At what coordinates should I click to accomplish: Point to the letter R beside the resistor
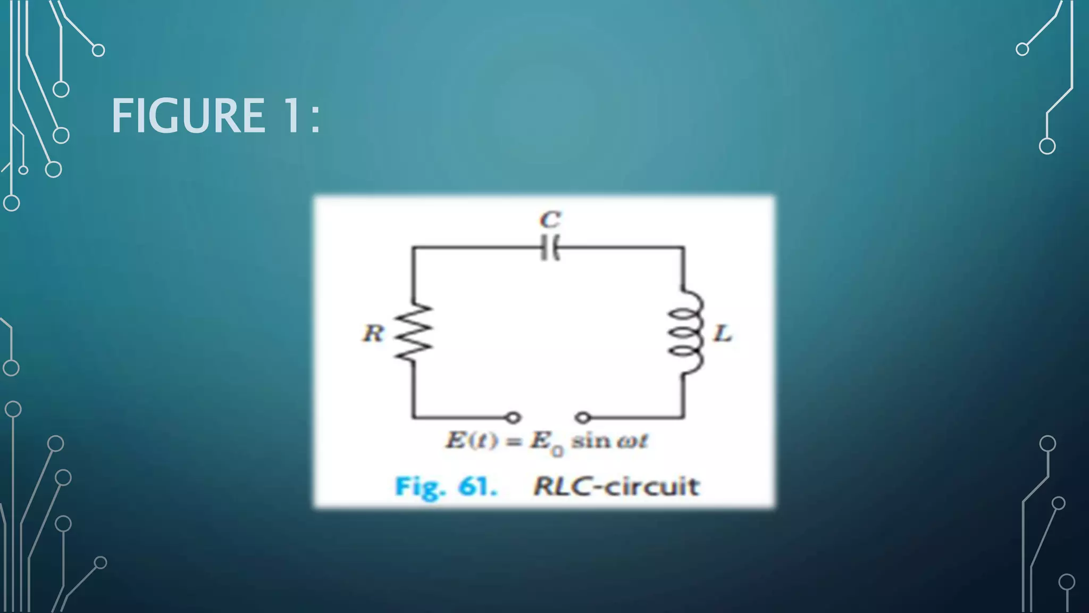[x=373, y=334]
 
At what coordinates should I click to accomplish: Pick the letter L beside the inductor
[x=722, y=334]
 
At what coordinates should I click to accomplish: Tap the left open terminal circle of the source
[x=513, y=418]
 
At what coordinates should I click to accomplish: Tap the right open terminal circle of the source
[x=583, y=418]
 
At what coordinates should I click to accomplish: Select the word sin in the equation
[x=590, y=441]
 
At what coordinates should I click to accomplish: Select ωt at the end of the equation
[x=633, y=441]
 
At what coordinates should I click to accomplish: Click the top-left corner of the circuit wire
[x=413, y=247]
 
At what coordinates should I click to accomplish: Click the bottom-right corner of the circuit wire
[x=684, y=417]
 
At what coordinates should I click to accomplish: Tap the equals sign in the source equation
[x=513, y=442]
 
